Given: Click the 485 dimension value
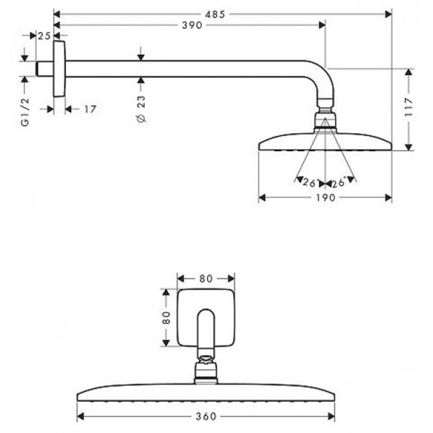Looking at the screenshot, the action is coord(215,15).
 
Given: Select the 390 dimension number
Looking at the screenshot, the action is coord(192,25).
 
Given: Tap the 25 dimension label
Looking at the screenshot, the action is coord(44,36).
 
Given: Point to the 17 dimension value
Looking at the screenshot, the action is coord(90,109).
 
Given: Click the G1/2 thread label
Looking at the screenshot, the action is coord(25,112).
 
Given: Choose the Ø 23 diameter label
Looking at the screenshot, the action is coord(141,109).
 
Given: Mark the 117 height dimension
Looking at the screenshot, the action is coord(409,107).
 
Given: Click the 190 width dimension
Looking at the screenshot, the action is coord(325,198).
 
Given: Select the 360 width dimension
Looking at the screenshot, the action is coord(206,416).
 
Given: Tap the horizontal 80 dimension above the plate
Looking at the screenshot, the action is coord(206,279).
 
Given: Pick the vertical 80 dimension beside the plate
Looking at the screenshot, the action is coord(166,318).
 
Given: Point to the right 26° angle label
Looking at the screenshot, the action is coord(339,182).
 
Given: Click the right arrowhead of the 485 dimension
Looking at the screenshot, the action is coord(389,14).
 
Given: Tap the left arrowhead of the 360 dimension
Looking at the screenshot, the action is coord(80,416).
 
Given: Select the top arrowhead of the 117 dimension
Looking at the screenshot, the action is coord(409,72).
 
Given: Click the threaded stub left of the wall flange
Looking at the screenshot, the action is coord(45,69).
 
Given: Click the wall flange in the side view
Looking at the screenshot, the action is coord(60,69).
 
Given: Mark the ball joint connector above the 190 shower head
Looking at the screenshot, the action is coord(325,119).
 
